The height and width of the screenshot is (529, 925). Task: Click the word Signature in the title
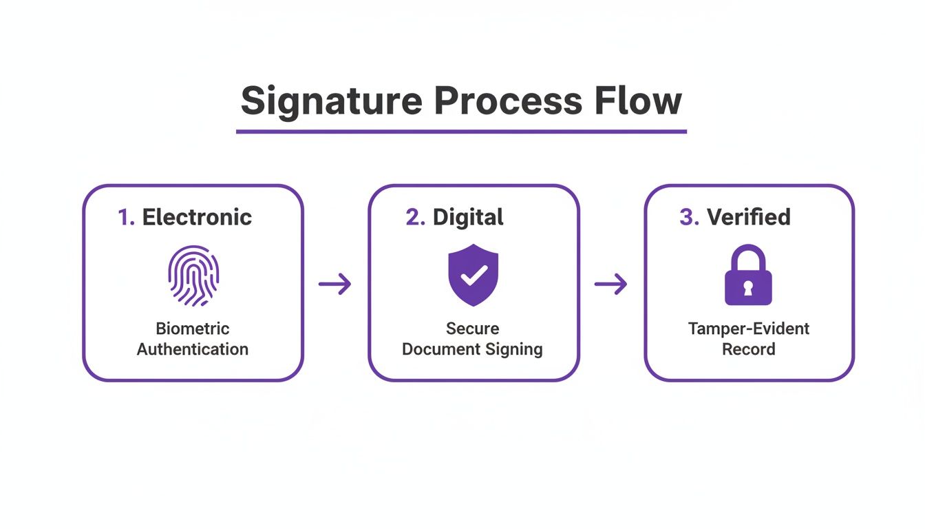pyautogui.click(x=330, y=101)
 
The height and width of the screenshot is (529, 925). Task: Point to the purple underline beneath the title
pyautogui.click(x=461, y=131)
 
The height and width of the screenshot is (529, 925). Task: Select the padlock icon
pyautogui.click(x=748, y=276)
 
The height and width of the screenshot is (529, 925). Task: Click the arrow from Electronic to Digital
pyautogui.click(x=335, y=284)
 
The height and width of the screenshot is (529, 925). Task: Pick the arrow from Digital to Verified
pyautogui.click(x=611, y=284)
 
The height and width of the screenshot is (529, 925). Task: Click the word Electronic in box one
pyautogui.click(x=197, y=218)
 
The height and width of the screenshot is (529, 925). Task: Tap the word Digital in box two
pyautogui.click(x=468, y=218)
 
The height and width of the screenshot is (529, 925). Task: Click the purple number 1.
pyautogui.click(x=125, y=218)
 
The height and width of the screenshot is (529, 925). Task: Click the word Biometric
pyautogui.click(x=193, y=329)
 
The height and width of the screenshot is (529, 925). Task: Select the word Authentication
pyautogui.click(x=193, y=349)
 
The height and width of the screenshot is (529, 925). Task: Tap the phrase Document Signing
pyautogui.click(x=472, y=349)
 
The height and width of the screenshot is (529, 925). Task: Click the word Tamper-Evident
pyautogui.click(x=749, y=329)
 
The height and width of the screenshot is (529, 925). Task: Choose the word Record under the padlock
pyautogui.click(x=749, y=349)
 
